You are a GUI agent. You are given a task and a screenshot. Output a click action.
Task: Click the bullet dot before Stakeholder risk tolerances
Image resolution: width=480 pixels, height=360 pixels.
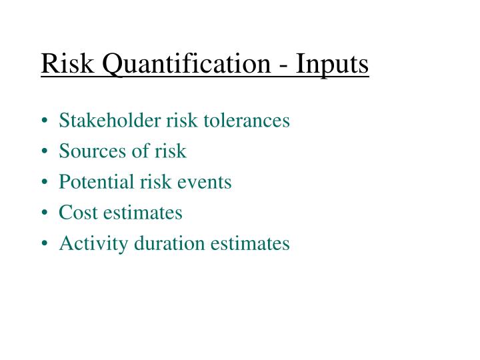pos(45,122)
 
